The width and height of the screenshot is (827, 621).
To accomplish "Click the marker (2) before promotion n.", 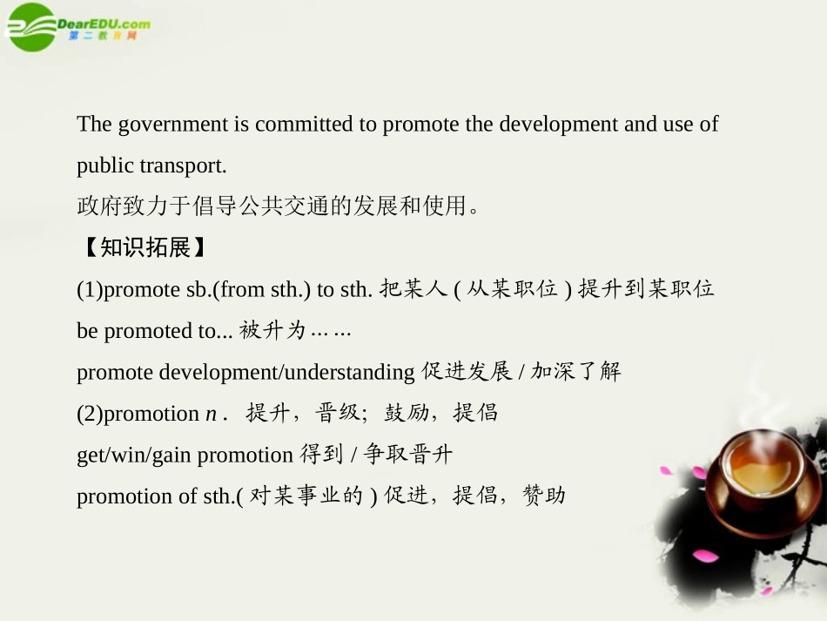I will [x=90, y=414].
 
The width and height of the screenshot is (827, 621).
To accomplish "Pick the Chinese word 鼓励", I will [x=407, y=413].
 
